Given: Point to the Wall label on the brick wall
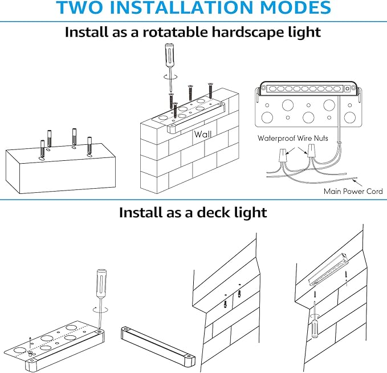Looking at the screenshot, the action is click(203, 135).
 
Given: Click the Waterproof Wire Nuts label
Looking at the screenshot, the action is click(293, 138).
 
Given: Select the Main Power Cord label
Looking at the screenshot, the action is click(353, 191).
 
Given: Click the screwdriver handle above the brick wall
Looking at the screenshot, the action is click(169, 55).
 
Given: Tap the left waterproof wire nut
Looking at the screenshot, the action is click(282, 155).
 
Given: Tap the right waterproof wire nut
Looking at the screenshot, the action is click(311, 151).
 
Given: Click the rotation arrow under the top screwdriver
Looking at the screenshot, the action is click(170, 76).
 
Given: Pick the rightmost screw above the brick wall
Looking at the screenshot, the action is click(210, 91).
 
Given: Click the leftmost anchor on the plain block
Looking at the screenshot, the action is click(42, 148).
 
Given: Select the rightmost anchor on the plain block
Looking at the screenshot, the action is click(89, 145).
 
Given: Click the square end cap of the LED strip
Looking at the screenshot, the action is click(348, 88).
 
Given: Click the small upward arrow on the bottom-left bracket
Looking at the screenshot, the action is click(30, 340).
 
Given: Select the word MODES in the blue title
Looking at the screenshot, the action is click(295, 7).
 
